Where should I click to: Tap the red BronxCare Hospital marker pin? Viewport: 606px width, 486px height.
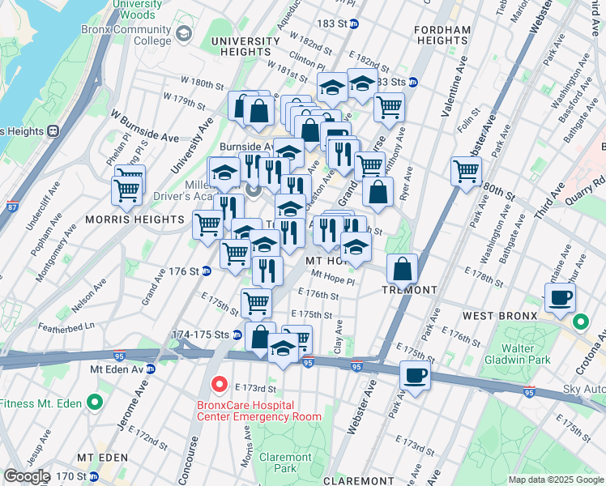[218, 383]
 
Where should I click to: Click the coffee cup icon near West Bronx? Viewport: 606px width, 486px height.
[560, 298]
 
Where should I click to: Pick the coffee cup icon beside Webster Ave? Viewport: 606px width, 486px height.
[416, 376]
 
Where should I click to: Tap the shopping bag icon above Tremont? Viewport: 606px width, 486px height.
[402, 270]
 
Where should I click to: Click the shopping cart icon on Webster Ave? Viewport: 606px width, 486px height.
[466, 171]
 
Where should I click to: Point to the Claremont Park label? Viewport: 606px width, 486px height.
[280, 462]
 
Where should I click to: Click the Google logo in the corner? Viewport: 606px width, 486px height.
[27, 476]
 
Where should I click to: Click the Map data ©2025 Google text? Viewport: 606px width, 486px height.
[556, 480]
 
